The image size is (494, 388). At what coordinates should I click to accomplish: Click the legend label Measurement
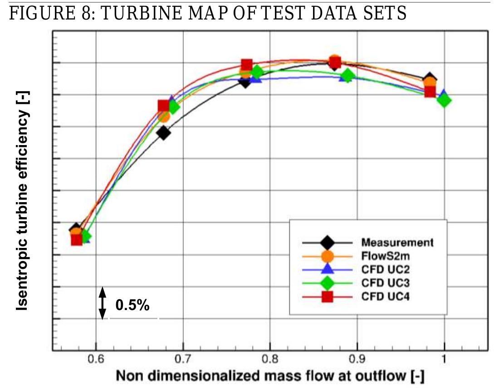[x=397, y=242]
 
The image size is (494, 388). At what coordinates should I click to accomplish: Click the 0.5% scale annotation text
[x=132, y=306]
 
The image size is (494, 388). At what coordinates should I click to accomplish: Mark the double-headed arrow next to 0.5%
[x=103, y=303]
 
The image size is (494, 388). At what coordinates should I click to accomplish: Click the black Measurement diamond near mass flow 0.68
[x=164, y=133]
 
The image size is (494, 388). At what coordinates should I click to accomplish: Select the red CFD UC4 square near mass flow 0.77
[x=247, y=65]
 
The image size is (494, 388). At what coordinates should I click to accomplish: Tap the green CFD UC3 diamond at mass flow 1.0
[x=444, y=100]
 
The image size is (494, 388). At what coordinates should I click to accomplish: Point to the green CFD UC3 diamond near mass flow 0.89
[x=347, y=76]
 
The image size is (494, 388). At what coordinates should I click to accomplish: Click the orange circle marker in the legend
[x=327, y=256]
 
